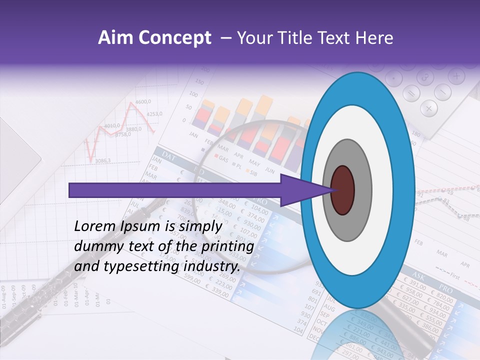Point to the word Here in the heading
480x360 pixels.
pyautogui.click(x=375, y=38)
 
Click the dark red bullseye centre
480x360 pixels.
pyautogui.click(x=342, y=190)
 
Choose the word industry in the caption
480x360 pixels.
pyautogui.click(x=212, y=266)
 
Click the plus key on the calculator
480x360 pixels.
pyautogui.click(x=456, y=76)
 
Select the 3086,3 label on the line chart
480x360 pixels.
pyautogui.click(x=102, y=160)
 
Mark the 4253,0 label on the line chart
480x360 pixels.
pyautogui.click(x=154, y=114)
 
